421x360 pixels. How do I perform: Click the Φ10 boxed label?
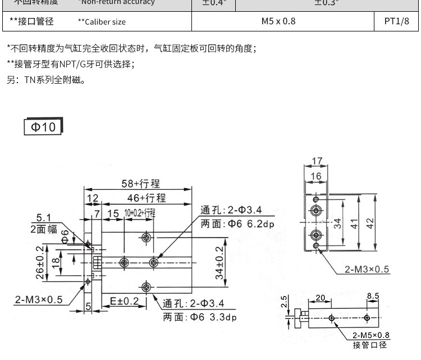tap(43, 126)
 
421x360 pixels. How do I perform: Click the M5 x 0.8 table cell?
tap(278, 22)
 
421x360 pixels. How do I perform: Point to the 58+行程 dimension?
tap(141, 184)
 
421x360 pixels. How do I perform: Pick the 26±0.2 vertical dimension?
tap(39, 262)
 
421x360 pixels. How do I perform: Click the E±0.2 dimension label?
tap(124, 301)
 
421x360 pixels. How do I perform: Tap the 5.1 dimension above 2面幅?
tap(43, 218)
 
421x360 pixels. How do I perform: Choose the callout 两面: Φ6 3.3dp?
tap(200, 317)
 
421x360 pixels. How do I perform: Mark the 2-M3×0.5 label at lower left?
tap(39, 299)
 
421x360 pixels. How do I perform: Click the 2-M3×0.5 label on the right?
tap(367, 269)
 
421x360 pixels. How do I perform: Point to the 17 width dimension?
tap(317, 161)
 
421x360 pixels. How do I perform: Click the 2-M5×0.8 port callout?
tap(371, 335)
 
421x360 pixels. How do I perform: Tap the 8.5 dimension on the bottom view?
tap(373, 295)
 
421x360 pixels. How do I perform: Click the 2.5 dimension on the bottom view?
tap(284, 302)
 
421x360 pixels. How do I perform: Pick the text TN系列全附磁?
tap(54, 80)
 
